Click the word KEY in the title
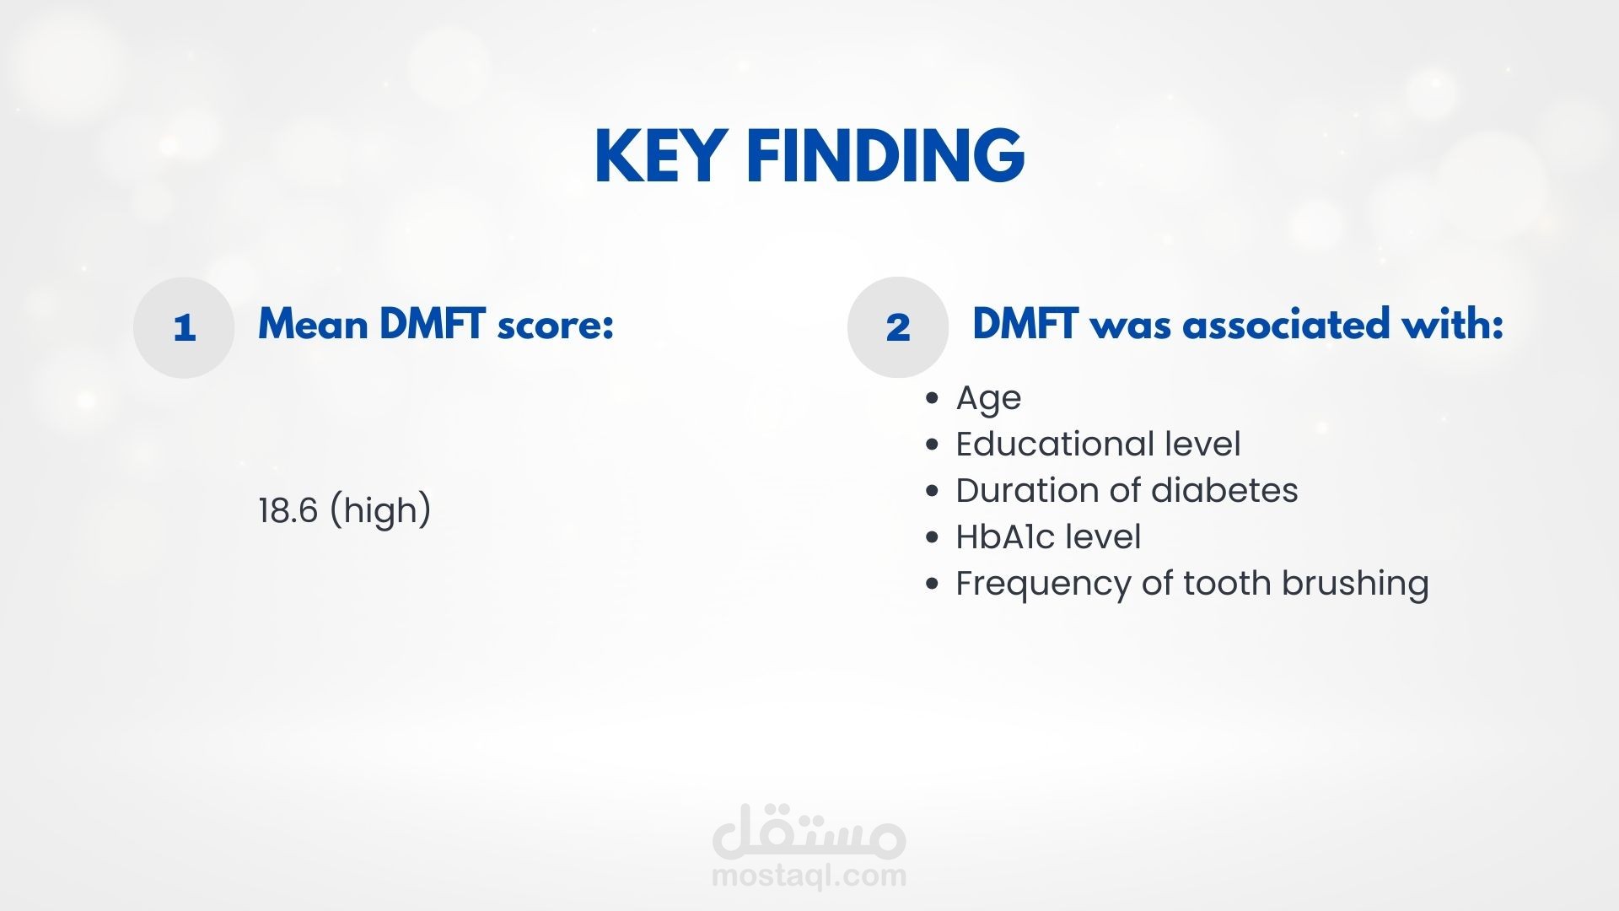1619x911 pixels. [659, 156]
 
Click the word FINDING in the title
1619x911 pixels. [885, 156]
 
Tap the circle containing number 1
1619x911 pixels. [184, 327]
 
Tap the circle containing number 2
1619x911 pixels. [898, 327]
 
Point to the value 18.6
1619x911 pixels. [288, 510]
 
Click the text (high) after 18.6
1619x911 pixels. [380, 511]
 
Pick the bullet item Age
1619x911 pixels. [988, 399]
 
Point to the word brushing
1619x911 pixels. [1355, 585]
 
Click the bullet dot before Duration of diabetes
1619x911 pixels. [932, 491]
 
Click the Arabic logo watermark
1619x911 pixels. [809, 831]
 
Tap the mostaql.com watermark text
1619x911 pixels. [809, 876]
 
